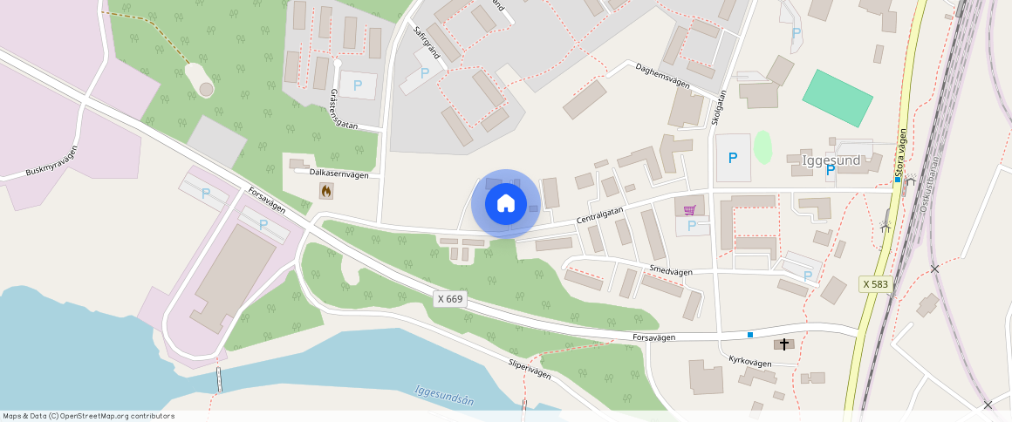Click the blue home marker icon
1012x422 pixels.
coord(505,204)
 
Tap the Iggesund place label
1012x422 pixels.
coord(831,160)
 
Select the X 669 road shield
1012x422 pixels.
coord(450,299)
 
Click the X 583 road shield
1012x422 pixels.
coord(874,284)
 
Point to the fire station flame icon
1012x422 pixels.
coord(326,191)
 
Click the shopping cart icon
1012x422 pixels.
coord(690,209)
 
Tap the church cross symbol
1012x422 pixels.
coord(783,344)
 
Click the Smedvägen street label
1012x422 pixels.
coord(671,272)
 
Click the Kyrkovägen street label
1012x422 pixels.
coord(750,362)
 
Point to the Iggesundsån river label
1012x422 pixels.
coord(444,396)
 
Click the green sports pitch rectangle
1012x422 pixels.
coord(838,98)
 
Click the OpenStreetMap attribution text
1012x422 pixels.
coord(87,416)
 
